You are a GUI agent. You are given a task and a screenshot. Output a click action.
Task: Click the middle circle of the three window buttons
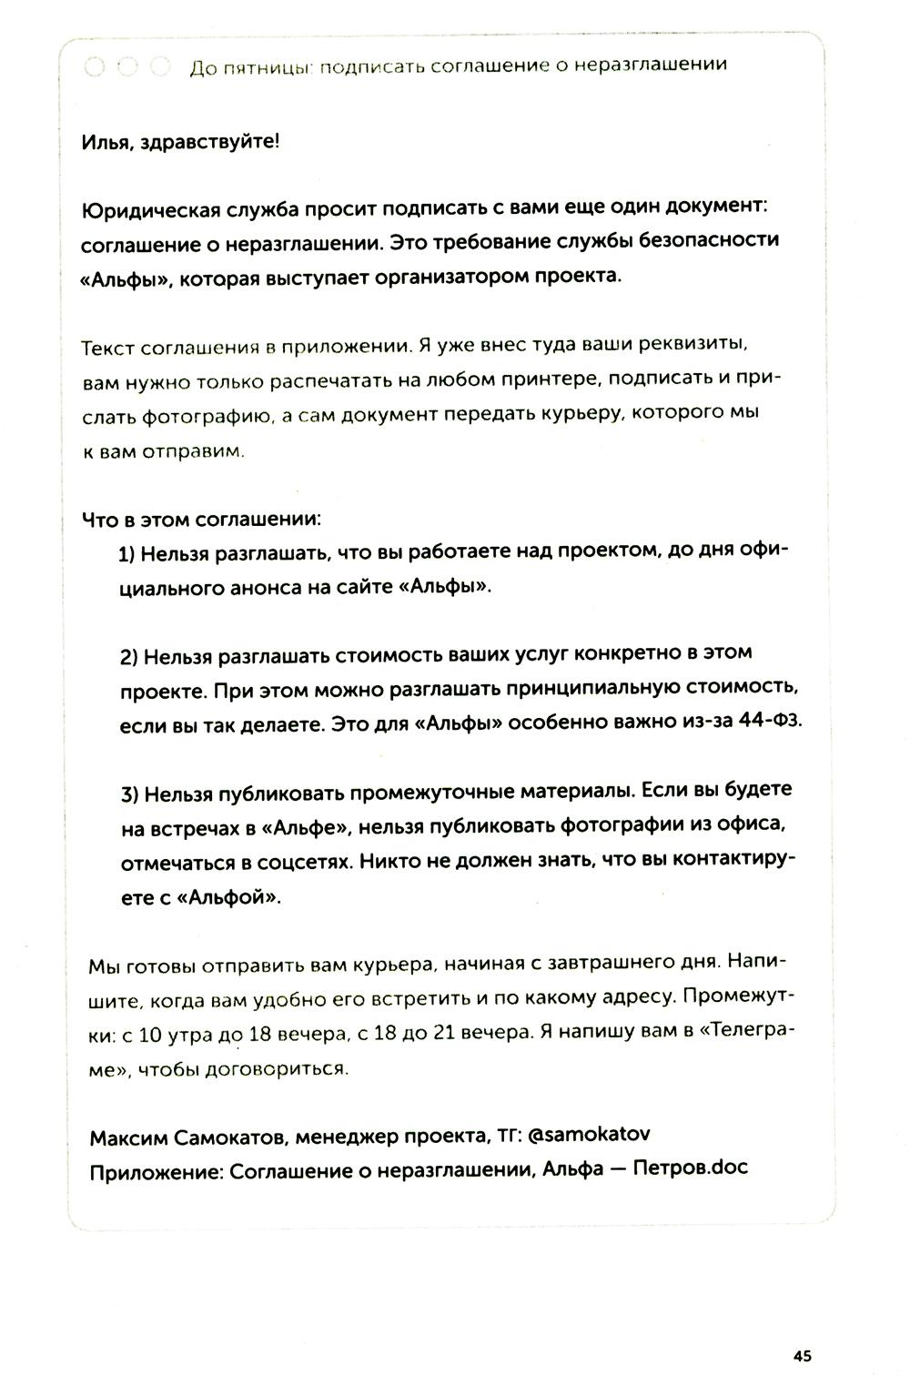(x=127, y=66)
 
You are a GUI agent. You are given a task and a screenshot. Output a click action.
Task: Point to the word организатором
(x=450, y=276)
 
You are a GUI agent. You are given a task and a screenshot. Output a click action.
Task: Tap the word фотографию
(x=207, y=415)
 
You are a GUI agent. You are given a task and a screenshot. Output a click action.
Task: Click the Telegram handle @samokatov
(x=588, y=1135)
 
